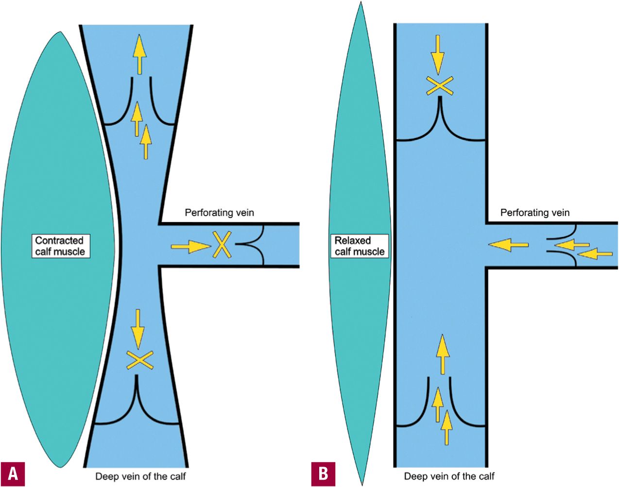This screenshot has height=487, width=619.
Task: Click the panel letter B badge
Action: [323, 473]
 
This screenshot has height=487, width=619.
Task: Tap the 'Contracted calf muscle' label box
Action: [60, 246]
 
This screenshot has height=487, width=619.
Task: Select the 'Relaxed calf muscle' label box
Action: [360, 246]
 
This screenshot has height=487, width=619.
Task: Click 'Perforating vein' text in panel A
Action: [219, 213]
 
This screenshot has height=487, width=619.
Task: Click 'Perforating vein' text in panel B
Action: [535, 213]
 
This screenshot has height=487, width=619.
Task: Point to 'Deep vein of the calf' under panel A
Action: [140, 476]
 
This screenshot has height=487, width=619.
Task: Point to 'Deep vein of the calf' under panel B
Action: [449, 476]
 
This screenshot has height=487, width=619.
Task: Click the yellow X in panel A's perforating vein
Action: [222, 245]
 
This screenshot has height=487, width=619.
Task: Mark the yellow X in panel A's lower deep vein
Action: [139, 360]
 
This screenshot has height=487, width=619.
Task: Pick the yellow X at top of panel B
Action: [439, 86]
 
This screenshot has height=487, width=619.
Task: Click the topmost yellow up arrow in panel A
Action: [139, 53]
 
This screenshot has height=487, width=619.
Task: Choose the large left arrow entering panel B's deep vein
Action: [508, 245]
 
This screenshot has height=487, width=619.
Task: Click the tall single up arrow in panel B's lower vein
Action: [442, 353]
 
